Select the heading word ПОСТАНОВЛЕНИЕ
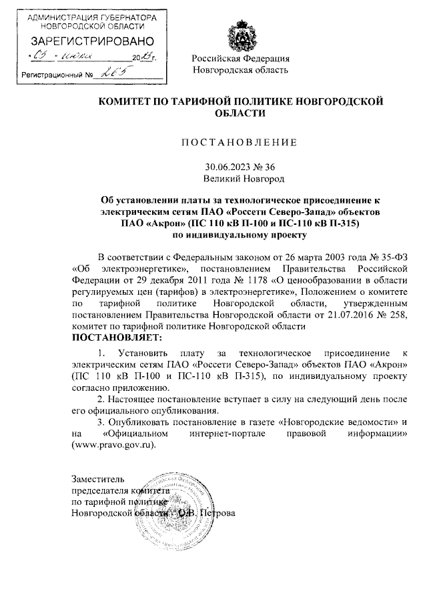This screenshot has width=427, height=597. (x=240, y=142)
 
